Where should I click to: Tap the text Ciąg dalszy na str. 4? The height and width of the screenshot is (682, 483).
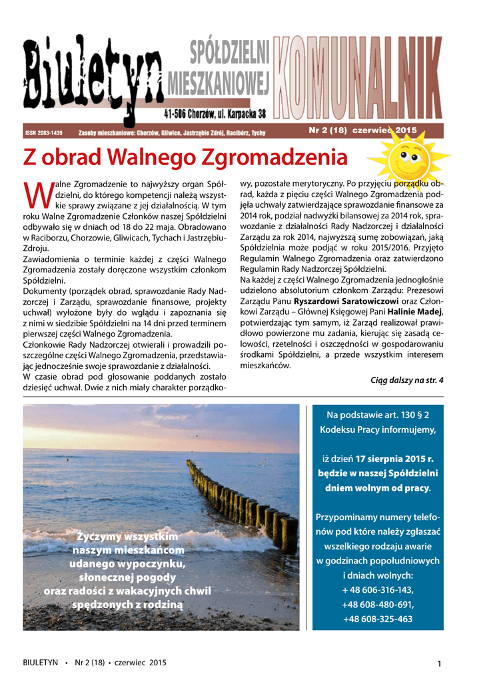(x=406, y=380)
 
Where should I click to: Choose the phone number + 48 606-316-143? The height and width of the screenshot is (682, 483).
(x=378, y=590)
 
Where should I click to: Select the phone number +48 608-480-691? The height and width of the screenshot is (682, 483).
(x=378, y=605)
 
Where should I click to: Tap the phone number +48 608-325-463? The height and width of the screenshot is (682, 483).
(x=378, y=619)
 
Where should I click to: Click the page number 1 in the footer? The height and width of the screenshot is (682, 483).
(x=440, y=663)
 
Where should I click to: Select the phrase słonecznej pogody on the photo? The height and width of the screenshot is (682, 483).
(x=127, y=577)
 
